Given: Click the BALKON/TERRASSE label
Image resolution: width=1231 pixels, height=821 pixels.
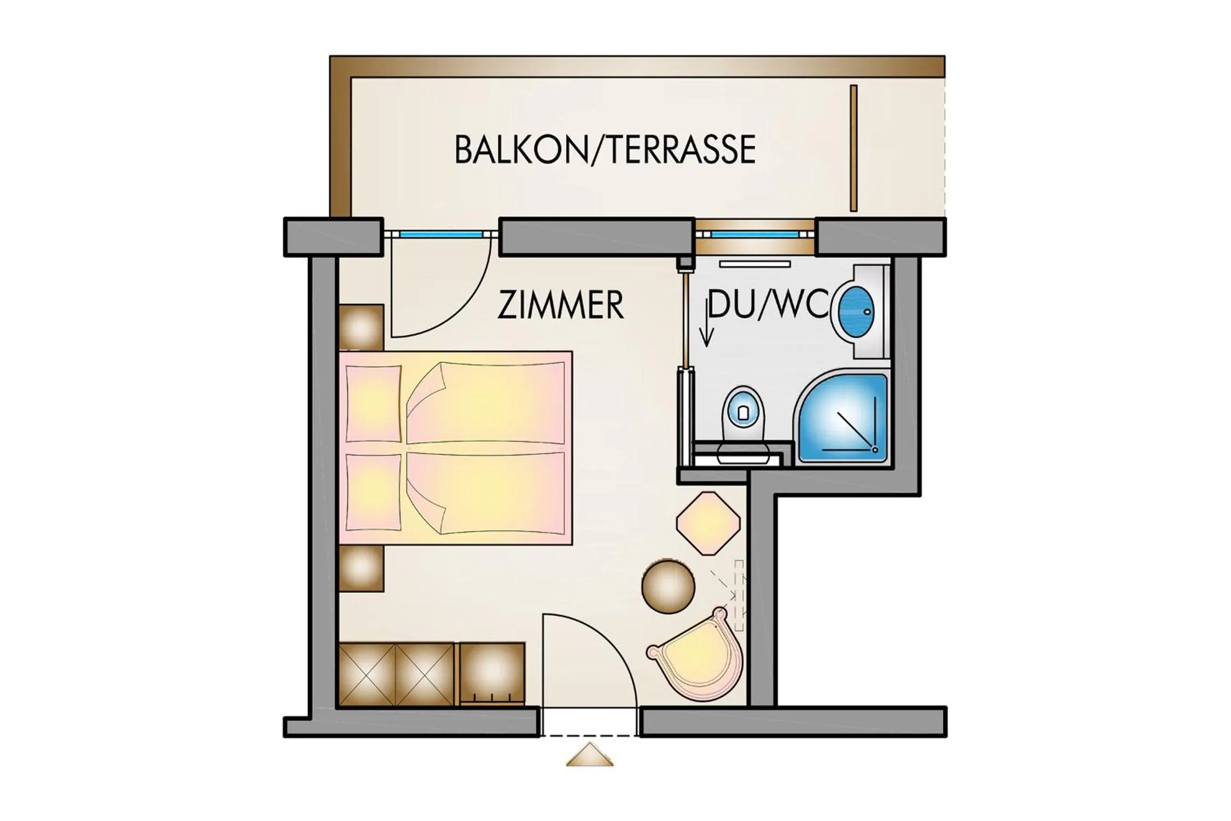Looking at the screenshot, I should click(605, 149).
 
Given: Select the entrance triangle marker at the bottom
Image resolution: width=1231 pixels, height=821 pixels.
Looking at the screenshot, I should click(589, 755).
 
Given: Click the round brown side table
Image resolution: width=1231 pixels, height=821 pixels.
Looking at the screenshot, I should click(668, 586).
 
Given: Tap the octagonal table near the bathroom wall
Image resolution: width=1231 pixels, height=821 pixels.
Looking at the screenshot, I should click(708, 523).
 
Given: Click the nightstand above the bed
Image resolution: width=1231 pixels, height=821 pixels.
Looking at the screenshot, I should click(361, 327).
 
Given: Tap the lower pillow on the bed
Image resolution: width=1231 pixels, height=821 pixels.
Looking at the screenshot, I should click(373, 492).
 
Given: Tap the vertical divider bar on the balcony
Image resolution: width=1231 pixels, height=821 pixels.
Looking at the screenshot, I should click(853, 148).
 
